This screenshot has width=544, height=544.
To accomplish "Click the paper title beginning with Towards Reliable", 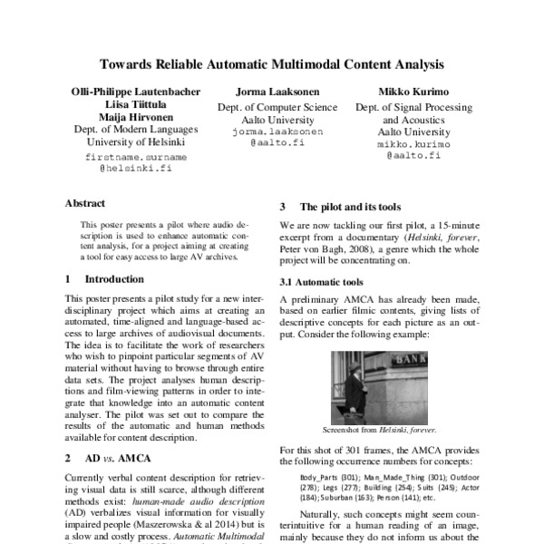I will click(x=272, y=65).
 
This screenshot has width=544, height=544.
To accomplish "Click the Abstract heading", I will click(x=85, y=203).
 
